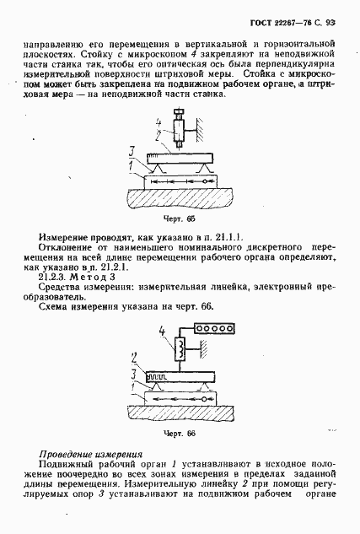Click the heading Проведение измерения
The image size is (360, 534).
[83, 456]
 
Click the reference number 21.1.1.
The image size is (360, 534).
[225, 238]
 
